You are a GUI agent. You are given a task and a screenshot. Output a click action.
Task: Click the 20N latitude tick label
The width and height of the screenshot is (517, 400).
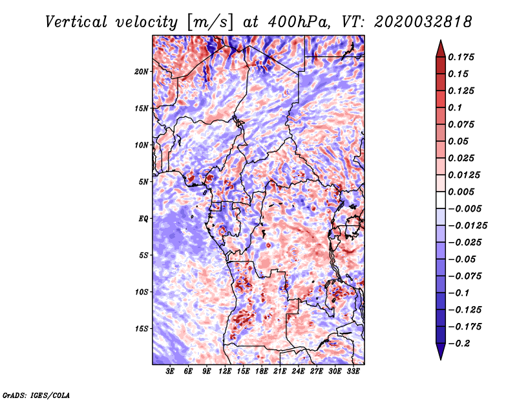(x=142, y=72)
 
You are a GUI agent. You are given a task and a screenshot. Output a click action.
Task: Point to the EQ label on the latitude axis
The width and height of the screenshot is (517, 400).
(x=143, y=219)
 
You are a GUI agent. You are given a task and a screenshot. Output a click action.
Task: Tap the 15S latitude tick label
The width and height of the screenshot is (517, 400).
(x=142, y=329)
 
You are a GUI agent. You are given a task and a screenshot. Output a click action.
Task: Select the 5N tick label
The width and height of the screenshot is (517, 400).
(x=143, y=182)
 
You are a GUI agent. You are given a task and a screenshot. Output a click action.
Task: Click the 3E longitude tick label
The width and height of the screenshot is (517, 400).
(x=170, y=372)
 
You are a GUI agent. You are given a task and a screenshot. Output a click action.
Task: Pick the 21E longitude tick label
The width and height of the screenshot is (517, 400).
(x=280, y=372)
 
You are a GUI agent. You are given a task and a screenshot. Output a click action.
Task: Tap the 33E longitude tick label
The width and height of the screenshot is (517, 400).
(x=353, y=372)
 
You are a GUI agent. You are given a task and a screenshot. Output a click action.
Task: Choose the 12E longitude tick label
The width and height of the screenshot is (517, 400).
(x=224, y=372)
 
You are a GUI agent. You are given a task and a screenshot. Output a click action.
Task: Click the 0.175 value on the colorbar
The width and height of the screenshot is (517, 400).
(x=461, y=57)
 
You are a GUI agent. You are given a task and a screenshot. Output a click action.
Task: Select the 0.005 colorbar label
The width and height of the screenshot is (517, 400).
(x=461, y=192)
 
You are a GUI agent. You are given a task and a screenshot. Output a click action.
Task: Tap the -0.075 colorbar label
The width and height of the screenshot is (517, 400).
(x=465, y=276)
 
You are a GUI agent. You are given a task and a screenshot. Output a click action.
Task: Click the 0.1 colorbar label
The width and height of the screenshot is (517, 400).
(x=455, y=107)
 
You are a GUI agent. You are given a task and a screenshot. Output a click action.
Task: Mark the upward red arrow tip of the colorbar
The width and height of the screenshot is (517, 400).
(x=441, y=41)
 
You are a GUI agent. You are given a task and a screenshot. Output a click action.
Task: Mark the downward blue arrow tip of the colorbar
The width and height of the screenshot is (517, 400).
(x=441, y=359)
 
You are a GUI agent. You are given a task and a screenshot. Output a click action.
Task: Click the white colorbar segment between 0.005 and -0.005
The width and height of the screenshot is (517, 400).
(x=441, y=200)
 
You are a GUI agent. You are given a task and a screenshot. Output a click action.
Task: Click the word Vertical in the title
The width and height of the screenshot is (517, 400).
(x=76, y=22)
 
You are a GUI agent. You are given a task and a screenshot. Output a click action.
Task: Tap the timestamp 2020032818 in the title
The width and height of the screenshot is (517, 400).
(x=423, y=22)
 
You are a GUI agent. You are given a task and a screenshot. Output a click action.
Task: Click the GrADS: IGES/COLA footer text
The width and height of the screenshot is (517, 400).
(x=36, y=395)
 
